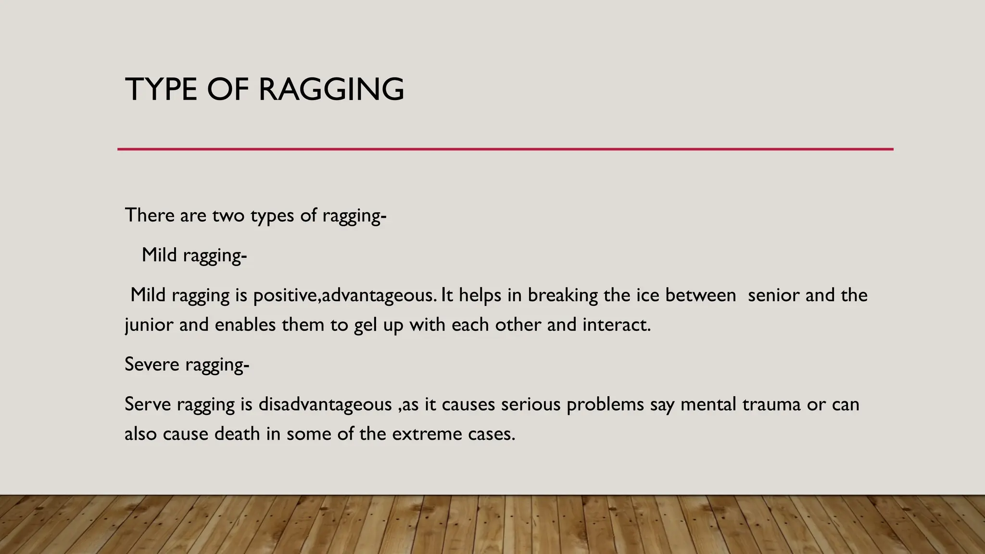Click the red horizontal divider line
pos(505,149)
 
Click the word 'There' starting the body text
pos(150,215)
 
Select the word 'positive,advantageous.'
pos(345,295)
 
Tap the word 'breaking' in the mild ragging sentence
pos(562,295)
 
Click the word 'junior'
pos(149,325)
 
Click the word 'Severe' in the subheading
pos(152,364)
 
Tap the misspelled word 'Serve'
pos(147,404)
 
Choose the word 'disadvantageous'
pos(325,404)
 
